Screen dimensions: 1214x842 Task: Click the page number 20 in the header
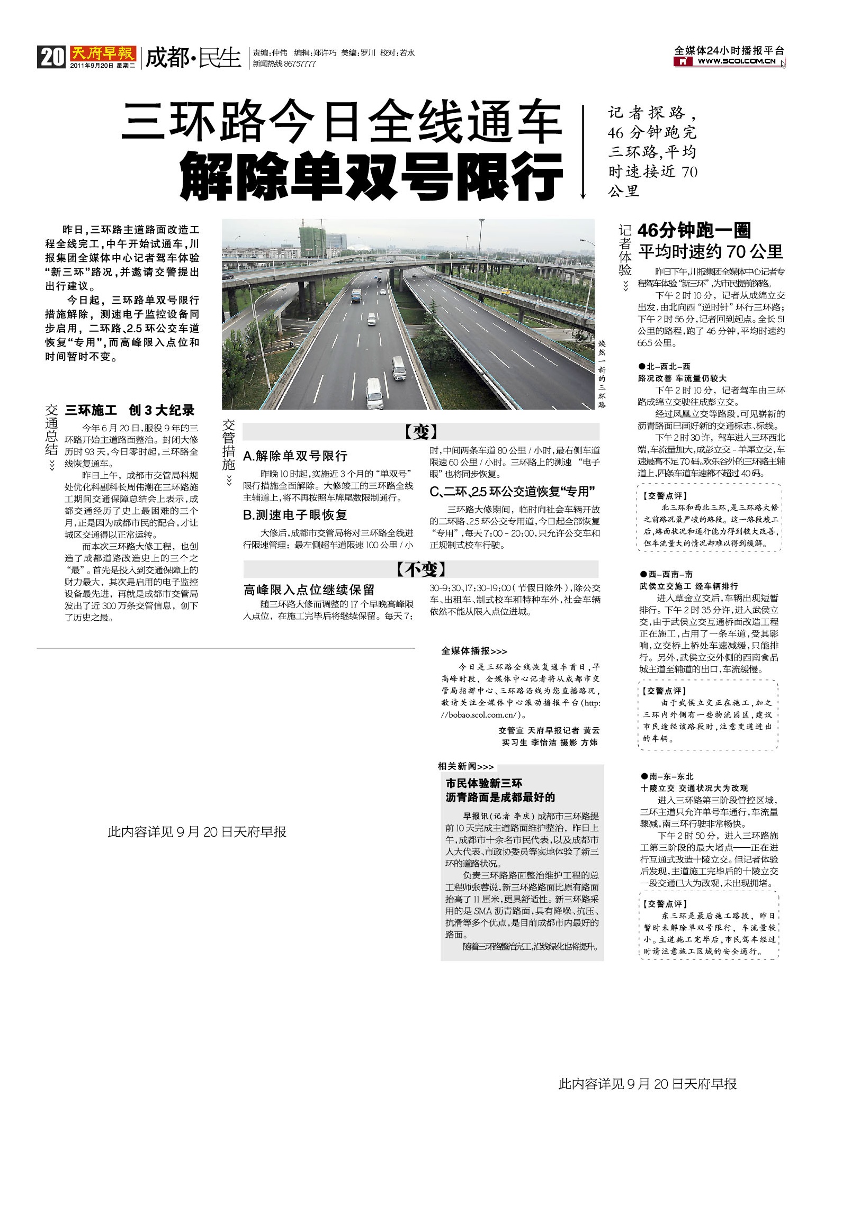point(51,57)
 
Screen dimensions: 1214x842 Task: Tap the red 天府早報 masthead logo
point(103,53)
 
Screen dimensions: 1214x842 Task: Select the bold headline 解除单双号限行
point(371,176)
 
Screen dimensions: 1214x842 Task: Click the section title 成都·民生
point(193,57)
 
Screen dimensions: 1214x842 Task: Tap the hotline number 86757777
point(300,64)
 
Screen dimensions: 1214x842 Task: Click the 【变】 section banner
point(421,432)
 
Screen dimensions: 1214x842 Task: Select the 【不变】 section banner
point(421,569)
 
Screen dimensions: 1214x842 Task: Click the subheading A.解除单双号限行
point(295,456)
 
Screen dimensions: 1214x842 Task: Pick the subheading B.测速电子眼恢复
point(295,515)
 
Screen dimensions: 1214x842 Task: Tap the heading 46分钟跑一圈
point(694,230)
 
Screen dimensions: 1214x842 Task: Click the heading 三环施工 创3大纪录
point(130,410)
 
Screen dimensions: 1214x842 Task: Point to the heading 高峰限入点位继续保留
point(309,590)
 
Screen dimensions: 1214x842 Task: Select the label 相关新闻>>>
point(465,766)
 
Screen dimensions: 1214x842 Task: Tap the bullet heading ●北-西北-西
point(664,366)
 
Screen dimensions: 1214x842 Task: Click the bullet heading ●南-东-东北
point(667,776)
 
